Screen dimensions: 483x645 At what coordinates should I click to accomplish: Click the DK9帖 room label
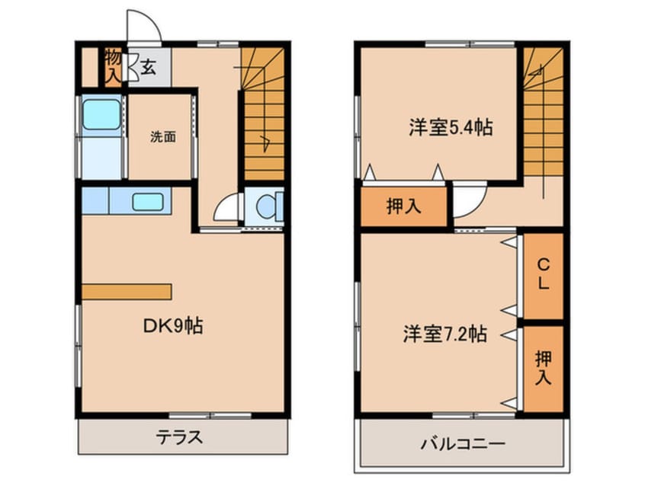click(173, 327)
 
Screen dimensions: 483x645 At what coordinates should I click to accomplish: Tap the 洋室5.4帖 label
click(450, 127)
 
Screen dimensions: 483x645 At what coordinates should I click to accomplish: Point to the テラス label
click(180, 437)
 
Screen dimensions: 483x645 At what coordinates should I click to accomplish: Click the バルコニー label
click(461, 443)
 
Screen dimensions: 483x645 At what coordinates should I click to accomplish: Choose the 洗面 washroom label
click(162, 137)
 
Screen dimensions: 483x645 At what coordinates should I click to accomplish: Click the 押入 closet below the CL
click(544, 368)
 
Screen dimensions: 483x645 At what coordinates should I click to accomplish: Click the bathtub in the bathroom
click(101, 114)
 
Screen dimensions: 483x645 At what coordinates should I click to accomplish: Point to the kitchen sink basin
click(147, 202)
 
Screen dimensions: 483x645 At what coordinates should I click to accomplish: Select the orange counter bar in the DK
click(127, 292)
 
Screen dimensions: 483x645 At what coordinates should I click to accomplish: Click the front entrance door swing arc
click(145, 27)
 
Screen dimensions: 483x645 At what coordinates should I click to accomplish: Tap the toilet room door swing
click(227, 209)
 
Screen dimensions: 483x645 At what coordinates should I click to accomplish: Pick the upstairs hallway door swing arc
click(467, 200)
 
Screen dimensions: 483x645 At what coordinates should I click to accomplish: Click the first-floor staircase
click(263, 114)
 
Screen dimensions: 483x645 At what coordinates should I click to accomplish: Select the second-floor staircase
click(543, 114)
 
